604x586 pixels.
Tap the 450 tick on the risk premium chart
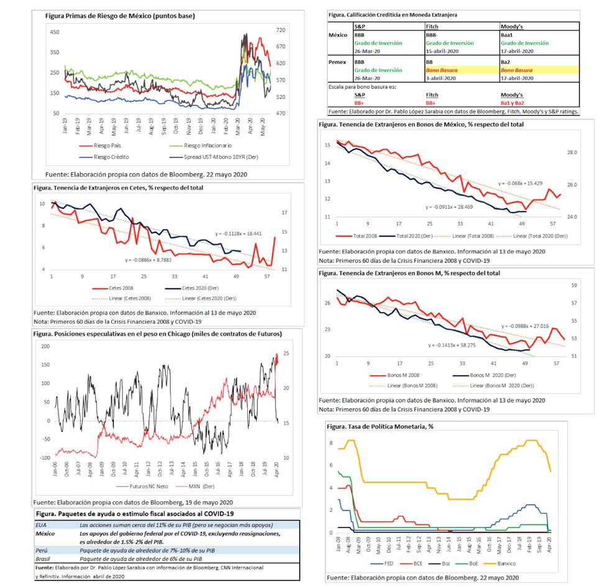pos(55,31)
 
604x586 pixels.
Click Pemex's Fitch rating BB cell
pos(430,63)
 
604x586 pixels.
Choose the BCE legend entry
pos(423,563)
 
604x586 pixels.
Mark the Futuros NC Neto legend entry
pos(150,487)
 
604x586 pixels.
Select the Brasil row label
pos(43,559)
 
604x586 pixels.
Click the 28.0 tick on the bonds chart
pos(572,152)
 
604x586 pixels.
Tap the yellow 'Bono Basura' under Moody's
pos(516,70)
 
